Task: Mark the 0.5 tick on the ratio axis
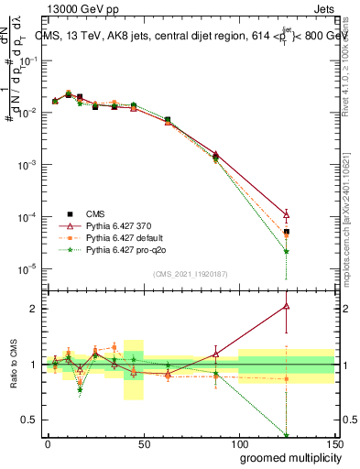pos(34,420)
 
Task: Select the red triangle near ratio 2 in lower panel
pos(287,306)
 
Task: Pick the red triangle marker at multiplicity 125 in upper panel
pos(287,214)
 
